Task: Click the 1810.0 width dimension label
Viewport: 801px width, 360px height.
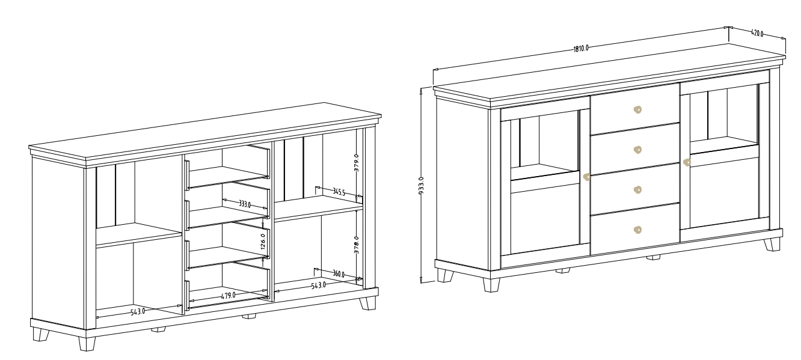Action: click(x=581, y=48)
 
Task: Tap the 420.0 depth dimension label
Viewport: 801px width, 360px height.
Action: click(x=757, y=33)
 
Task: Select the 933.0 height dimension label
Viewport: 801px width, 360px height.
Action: click(x=421, y=186)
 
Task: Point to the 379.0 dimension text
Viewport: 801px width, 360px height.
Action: click(x=356, y=163)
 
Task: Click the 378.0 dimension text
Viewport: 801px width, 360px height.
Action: click(x=356, y=245)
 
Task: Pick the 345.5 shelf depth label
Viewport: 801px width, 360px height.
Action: click(x=339, y=192)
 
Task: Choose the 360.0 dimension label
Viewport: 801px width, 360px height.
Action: click(x=339, y=274)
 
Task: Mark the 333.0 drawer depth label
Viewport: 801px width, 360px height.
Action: click(x=245, y=204)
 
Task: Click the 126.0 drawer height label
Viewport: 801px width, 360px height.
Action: click(x=263, y=242)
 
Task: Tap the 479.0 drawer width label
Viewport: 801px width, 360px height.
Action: click(x=228, y=296)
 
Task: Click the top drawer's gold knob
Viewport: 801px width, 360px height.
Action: click(x=637, y=109)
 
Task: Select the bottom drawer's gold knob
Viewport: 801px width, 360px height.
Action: click(x=637, y=230)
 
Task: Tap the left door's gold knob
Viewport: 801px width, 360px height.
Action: click(x=586, y=177)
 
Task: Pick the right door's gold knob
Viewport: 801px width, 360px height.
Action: click(x=687, y=162)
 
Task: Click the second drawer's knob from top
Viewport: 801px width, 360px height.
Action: click(x=637, y=150)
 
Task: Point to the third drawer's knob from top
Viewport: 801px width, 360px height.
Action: click(x=637, y=189)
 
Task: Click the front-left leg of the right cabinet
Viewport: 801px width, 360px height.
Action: click(x=491, y=285)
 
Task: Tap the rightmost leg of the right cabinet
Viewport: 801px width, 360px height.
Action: click(x=772, y=245)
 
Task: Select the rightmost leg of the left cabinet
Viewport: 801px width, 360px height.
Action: click(x=367, y=303)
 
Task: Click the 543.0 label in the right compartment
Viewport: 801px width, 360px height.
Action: click(x=318, y=285)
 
